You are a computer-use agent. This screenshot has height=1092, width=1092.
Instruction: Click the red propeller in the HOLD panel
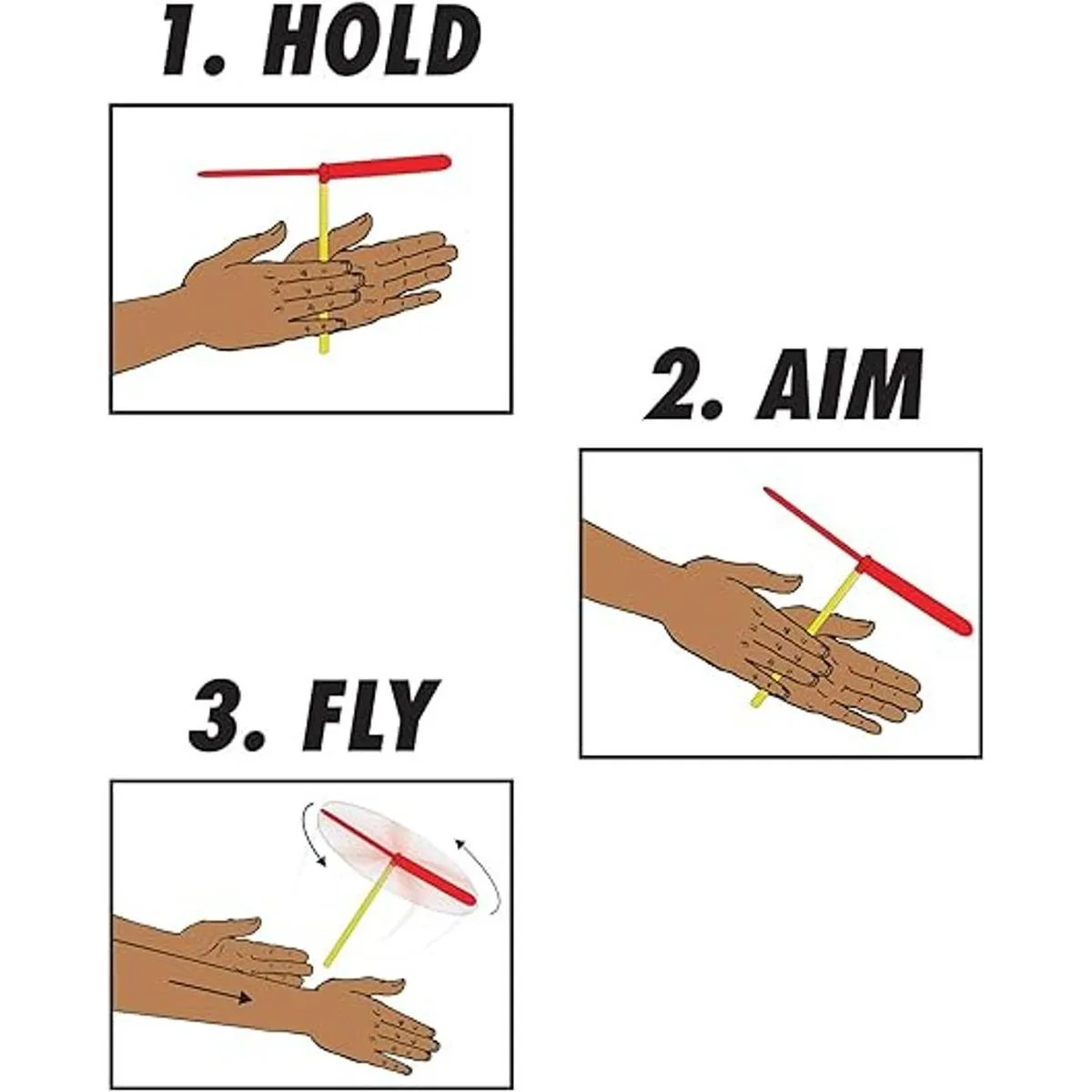coord(325,168)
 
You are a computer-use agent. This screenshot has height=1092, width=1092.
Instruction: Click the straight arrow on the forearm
coord(210,982)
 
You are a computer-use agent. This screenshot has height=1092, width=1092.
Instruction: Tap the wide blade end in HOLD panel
coord(446,161)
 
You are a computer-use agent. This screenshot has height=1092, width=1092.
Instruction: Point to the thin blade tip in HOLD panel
coord(200,174)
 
